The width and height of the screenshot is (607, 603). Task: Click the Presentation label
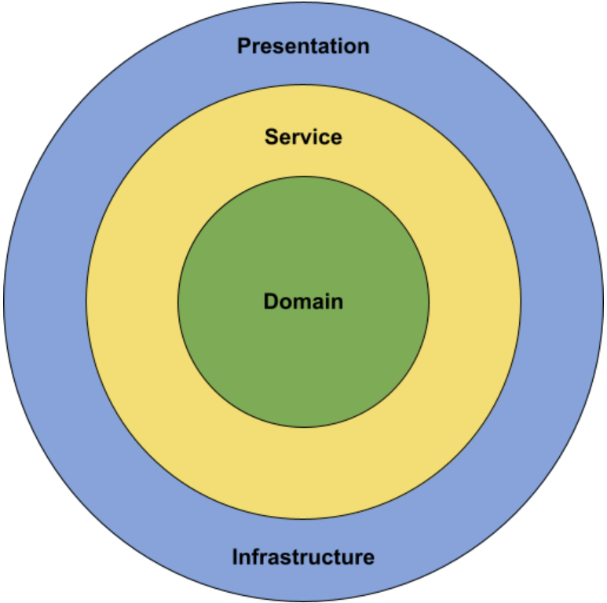click(303, 46)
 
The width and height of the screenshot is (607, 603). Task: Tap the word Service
click(303, 137)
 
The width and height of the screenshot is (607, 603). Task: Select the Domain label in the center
click(303, 301)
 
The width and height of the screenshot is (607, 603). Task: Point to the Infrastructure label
click(303, 557)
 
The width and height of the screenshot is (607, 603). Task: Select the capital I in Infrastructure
click(235, 557)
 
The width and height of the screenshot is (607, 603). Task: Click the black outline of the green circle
click(178, 301)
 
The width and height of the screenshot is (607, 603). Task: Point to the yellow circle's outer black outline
click(86, 301)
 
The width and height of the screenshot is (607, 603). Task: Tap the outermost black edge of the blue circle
click(4, 301)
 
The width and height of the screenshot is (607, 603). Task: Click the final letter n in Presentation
click(364, 47)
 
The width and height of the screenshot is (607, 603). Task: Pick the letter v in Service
click(309, 138)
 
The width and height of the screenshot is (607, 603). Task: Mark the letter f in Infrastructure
click(256, 557)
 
